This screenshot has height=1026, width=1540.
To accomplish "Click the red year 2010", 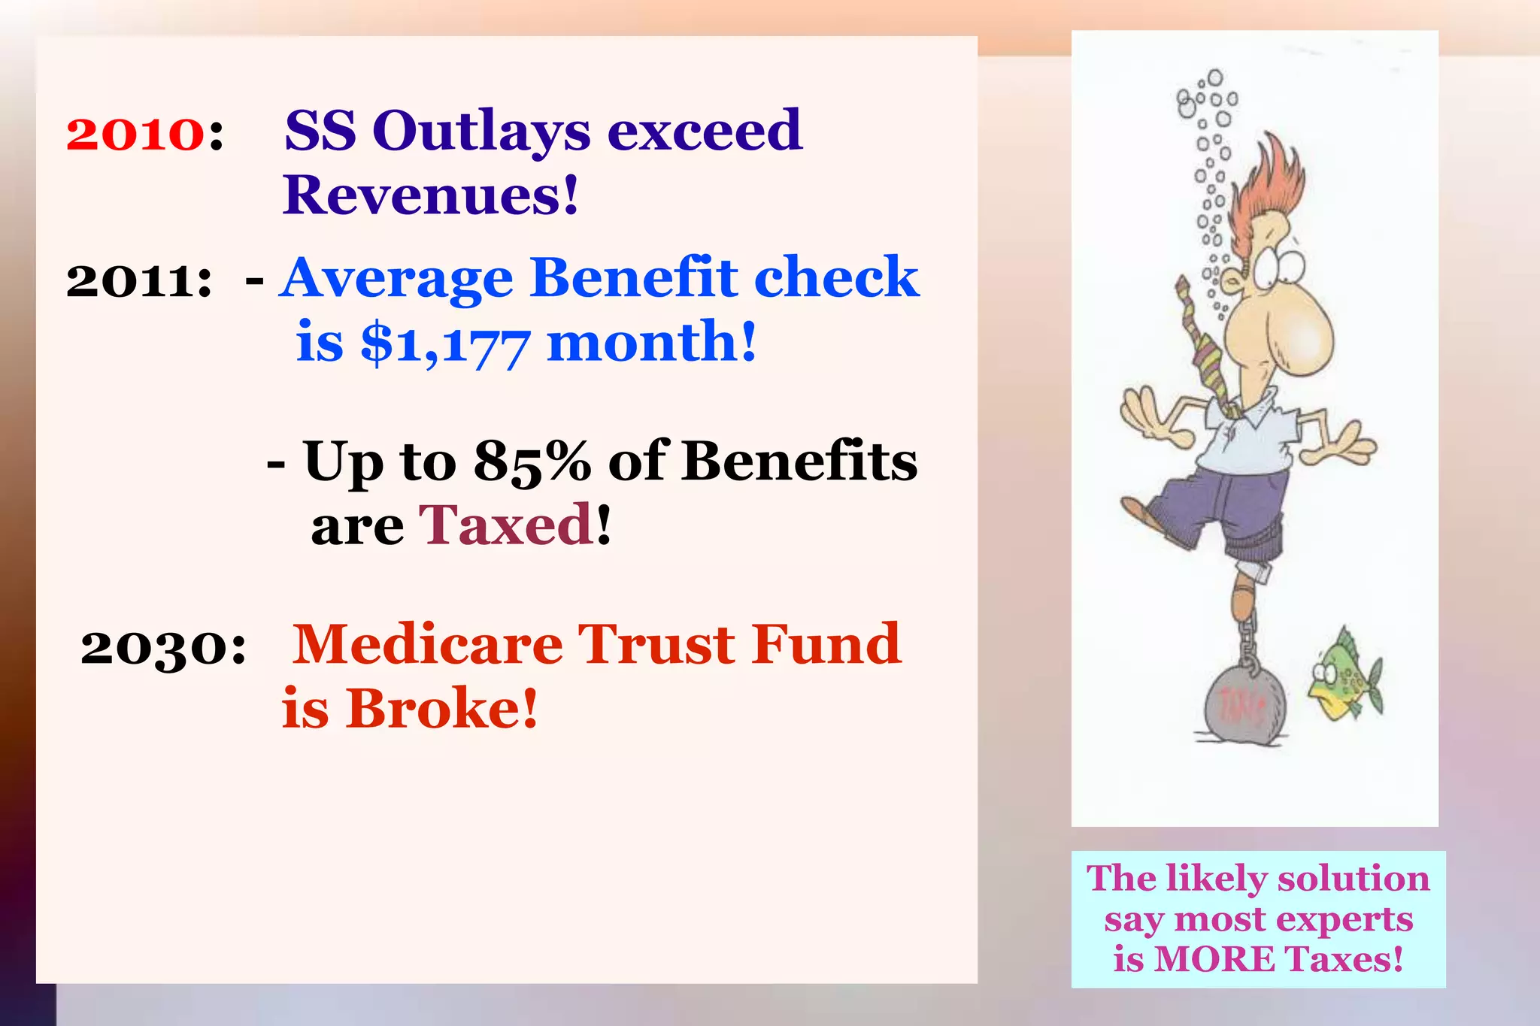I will coord(135,134).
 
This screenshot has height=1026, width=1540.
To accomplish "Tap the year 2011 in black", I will coord(138,281).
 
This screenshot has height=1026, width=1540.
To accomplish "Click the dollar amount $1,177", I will coord(446,344).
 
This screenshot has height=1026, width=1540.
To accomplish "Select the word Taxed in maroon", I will coord(506,525).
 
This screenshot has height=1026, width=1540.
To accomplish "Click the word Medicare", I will coord(427,645).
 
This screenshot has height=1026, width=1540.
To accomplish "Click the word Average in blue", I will coord(397,278).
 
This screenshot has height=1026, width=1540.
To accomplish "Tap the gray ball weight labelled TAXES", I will coord(1244,707).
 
